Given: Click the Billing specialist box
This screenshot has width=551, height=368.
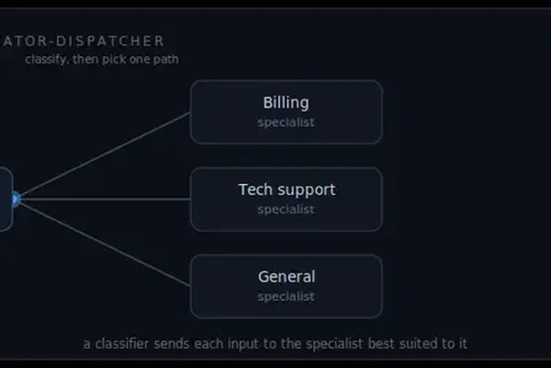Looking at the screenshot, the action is coord(286,112).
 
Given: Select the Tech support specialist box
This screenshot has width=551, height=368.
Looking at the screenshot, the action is coord(286,200).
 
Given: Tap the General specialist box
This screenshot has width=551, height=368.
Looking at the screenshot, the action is coord(286,286).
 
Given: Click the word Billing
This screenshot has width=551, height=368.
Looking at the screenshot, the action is coord(286,103).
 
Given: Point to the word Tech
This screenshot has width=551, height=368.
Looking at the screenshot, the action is coord(255,190).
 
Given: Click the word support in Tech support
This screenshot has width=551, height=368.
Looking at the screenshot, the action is coord(306,190).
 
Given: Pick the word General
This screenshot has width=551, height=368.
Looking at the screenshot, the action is coord(287,276).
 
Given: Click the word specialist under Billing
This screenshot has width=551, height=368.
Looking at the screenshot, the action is coord(286,122).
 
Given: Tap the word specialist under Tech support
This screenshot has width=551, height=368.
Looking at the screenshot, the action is coord(286,210).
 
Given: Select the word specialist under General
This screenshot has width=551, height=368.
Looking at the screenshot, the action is coord(286,296).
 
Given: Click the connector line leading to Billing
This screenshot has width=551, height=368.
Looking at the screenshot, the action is coord(105,155).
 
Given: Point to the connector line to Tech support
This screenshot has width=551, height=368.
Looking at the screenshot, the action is coord(106,199).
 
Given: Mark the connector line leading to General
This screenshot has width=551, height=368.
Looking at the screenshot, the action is coord(105,243).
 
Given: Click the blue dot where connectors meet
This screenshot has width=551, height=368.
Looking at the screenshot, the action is coord(16,200).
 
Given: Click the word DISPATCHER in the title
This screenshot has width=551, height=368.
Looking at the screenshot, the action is coord(110,41).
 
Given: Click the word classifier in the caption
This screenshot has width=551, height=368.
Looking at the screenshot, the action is coord(122,343).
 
